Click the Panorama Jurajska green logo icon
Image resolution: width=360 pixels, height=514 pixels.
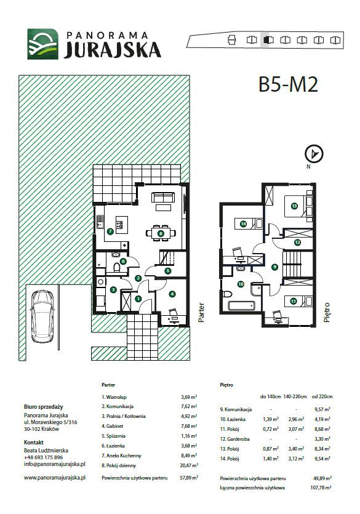click(42, 44)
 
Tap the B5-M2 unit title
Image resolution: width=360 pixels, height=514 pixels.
click(288, 84)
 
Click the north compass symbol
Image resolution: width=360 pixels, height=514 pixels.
click(314, 153)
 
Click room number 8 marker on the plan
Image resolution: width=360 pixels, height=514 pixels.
click(160, 234)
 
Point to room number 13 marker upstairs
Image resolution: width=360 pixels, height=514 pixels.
click(294, 206)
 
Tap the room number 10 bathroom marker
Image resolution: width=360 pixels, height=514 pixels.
click(241, 284)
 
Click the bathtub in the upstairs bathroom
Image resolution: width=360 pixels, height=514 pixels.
click(241, 306)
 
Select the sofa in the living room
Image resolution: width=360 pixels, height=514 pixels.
click(162, 198)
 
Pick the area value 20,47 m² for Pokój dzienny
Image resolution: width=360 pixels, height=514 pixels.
click(190, 465)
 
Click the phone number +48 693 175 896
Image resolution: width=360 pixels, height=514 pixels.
click(43, 457)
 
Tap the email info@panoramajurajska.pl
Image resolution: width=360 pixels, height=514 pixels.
click(54, 464)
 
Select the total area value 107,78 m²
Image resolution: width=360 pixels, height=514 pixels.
click(321, 488)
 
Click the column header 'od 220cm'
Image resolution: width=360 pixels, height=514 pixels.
click(322, 396)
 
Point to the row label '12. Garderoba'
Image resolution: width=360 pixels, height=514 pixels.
click(234, 439)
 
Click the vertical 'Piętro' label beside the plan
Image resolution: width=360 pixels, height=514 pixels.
click(327, 312)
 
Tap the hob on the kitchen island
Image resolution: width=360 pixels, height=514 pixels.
click(119, 225)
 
